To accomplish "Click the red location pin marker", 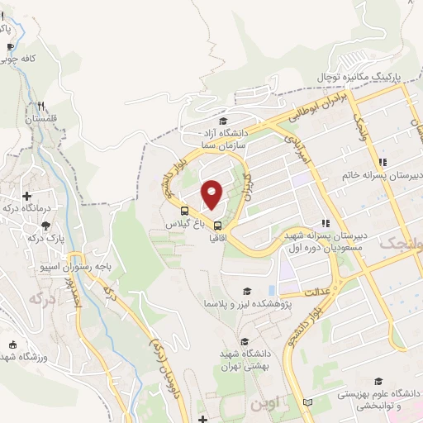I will click(212, 194).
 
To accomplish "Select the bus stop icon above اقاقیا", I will click(217, 225).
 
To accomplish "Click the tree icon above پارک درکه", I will click(45, 226).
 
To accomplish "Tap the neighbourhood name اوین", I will click(256, 405).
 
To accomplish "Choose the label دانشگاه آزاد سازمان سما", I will click(222, 137).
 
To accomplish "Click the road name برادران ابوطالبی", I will click(322, 107).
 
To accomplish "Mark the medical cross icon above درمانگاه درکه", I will click(28, 196).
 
